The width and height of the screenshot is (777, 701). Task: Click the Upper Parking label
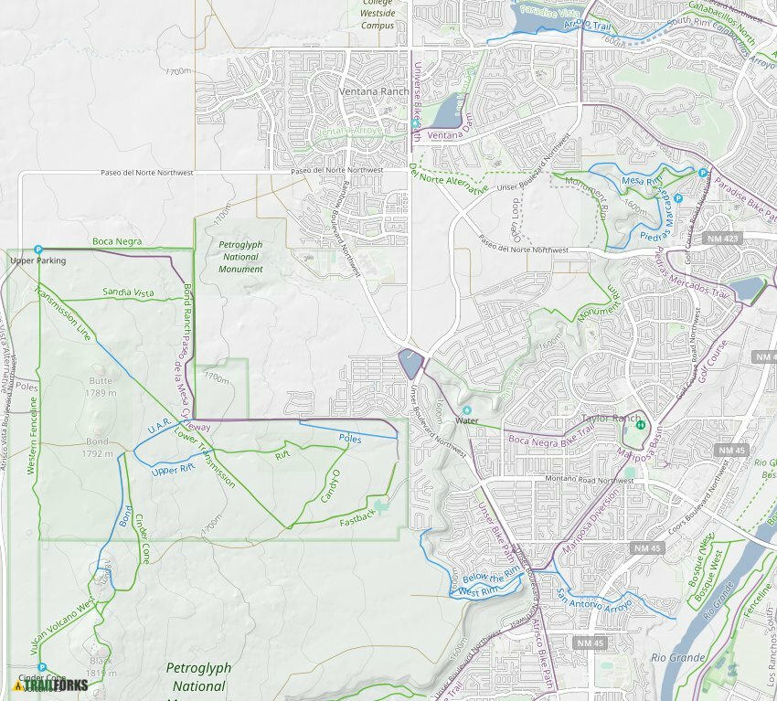pos(37,260)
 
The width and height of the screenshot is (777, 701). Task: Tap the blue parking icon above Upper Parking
pos(38,250)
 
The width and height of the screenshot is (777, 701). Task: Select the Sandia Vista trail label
pos(128,292)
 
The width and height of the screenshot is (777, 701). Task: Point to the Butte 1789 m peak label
pos(101,387)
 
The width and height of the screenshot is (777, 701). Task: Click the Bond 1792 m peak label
pos(97,447)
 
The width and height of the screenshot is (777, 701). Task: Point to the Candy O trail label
pos(330,485)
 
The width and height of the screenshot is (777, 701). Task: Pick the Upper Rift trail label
pos(174,470)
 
